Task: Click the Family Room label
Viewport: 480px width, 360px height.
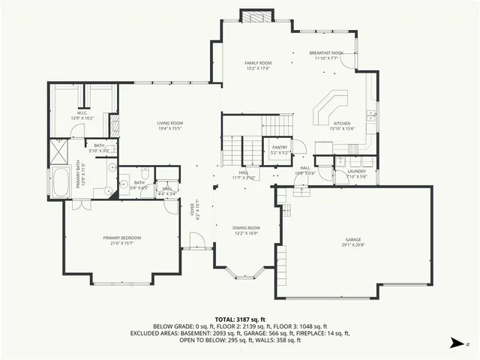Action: [x=259, y=62]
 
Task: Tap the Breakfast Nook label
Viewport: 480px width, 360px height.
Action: [x=326, y=52]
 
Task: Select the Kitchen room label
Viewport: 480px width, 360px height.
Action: [x=342, y=123]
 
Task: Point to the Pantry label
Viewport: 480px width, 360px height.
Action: [x=280, y=147]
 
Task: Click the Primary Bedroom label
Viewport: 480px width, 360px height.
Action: [x=122, y=237]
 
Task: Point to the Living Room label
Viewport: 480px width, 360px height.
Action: [x=170, y=123]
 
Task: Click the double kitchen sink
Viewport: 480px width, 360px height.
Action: [x=371, y=115]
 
